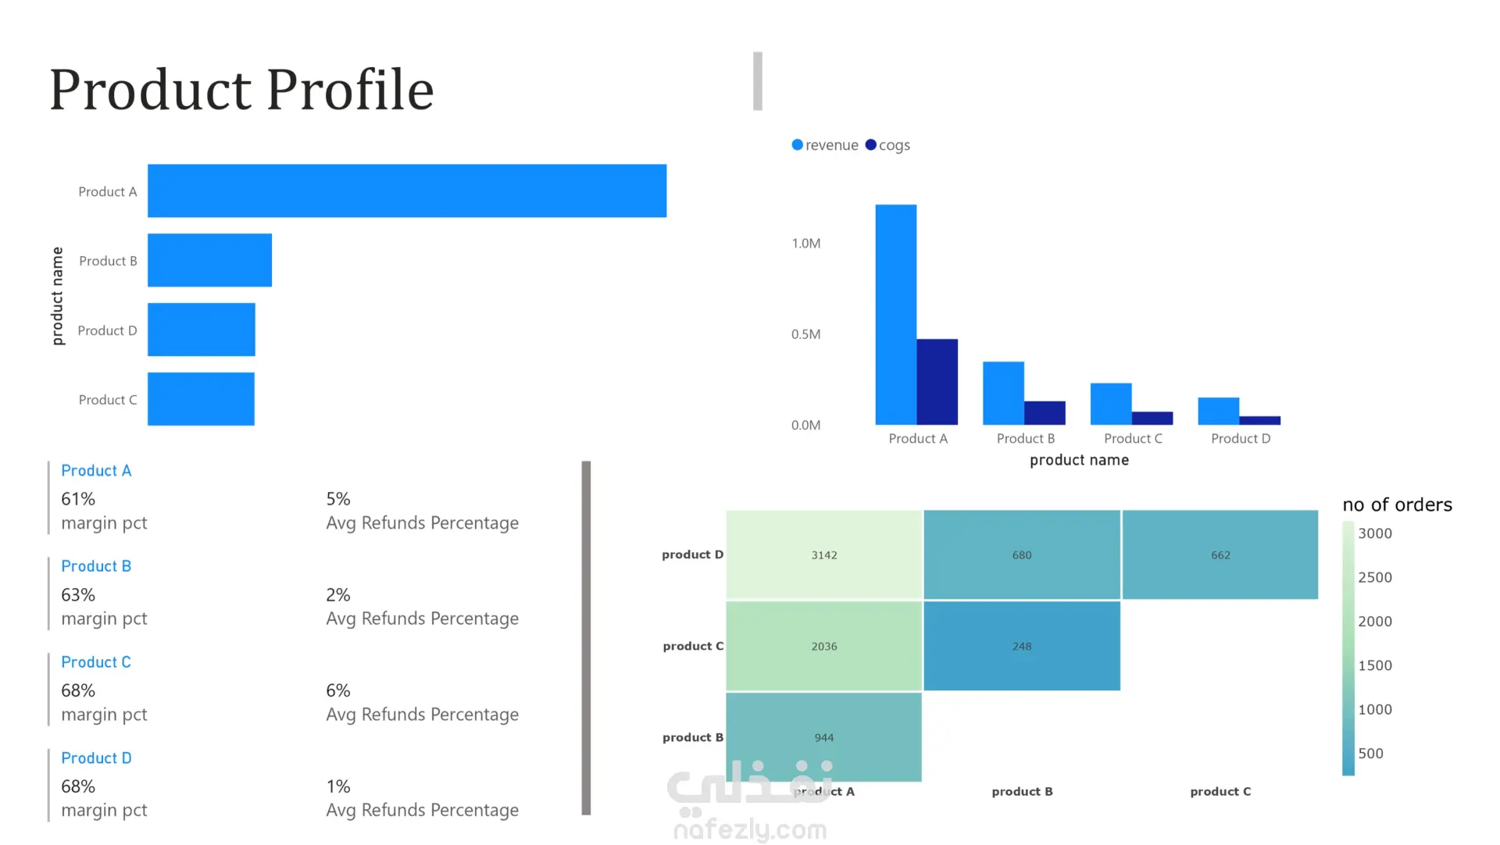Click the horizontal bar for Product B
click(209, 260)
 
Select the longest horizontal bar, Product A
click(406, 191)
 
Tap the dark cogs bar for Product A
click(937, 382)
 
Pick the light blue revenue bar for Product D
click(1218, 411)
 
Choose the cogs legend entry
click(888, 145)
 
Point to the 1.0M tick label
click(805, 244)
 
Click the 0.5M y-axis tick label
click(805, 334)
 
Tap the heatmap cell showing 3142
click(823, 555)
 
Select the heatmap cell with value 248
click(1021, 647)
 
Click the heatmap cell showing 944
click(823, 737)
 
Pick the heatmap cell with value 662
click(1220, 555)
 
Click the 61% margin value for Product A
click(78, 499)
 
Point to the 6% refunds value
click(337, 691)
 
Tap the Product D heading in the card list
click(96, 758)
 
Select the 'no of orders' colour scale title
click(1397, 505)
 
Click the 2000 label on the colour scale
click(1374, 622)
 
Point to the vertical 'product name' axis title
click(57, 296)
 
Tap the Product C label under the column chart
click(1133, 439)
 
